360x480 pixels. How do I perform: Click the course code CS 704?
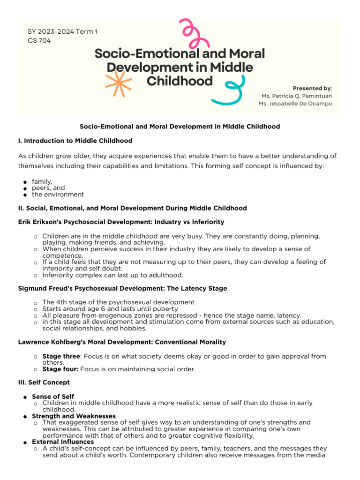39,40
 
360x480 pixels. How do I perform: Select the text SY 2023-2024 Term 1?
63,31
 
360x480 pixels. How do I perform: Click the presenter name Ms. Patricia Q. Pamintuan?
297,96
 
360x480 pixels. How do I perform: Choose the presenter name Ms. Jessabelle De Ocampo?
295,104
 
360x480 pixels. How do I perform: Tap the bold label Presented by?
312,88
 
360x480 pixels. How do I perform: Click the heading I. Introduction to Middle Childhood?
75,141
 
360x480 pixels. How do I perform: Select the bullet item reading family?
42,181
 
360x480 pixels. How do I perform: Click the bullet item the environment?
58,194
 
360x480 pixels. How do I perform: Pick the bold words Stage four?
60,369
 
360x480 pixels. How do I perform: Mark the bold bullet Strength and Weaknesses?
74,416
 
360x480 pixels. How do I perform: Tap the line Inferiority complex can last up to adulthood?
112,275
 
